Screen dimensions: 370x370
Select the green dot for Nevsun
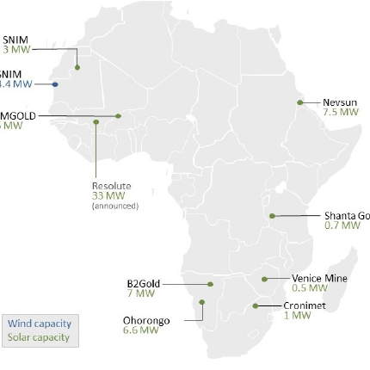pos(299,102)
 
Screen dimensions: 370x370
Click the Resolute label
pos(111,186)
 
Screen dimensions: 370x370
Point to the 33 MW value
pos(105,195)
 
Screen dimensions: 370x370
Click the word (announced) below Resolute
pos(114,205)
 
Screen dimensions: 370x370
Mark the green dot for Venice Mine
pos(264,278)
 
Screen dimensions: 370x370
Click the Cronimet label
pos(305,305)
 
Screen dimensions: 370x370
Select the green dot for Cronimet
pos(256,305)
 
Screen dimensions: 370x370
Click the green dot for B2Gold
pos(210,283)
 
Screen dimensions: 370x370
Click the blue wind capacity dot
pos(55,84)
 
